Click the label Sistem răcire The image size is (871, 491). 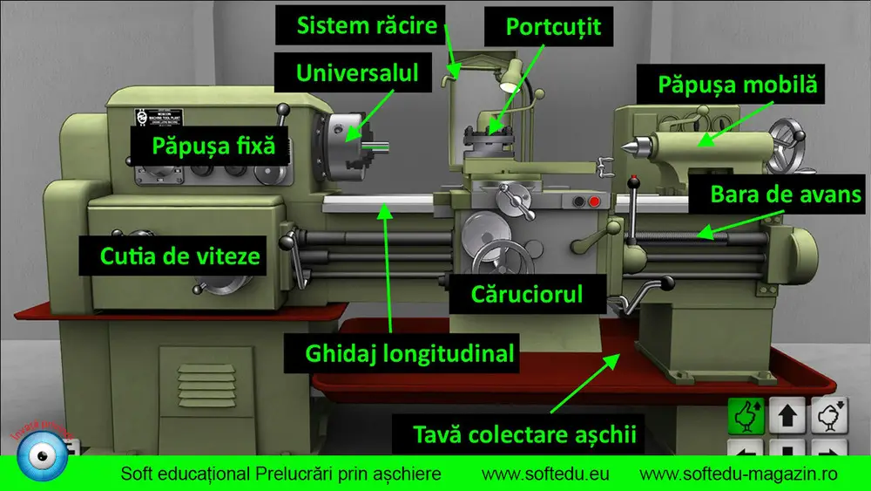point(367,24)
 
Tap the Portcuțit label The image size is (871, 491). point(553,26)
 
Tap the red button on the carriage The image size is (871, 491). point(594,202)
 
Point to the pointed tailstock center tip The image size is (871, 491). point(625,148)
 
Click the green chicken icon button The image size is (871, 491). point(746,417)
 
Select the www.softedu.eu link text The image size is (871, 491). point(545,474)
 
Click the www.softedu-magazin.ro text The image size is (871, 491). point(739,474)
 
